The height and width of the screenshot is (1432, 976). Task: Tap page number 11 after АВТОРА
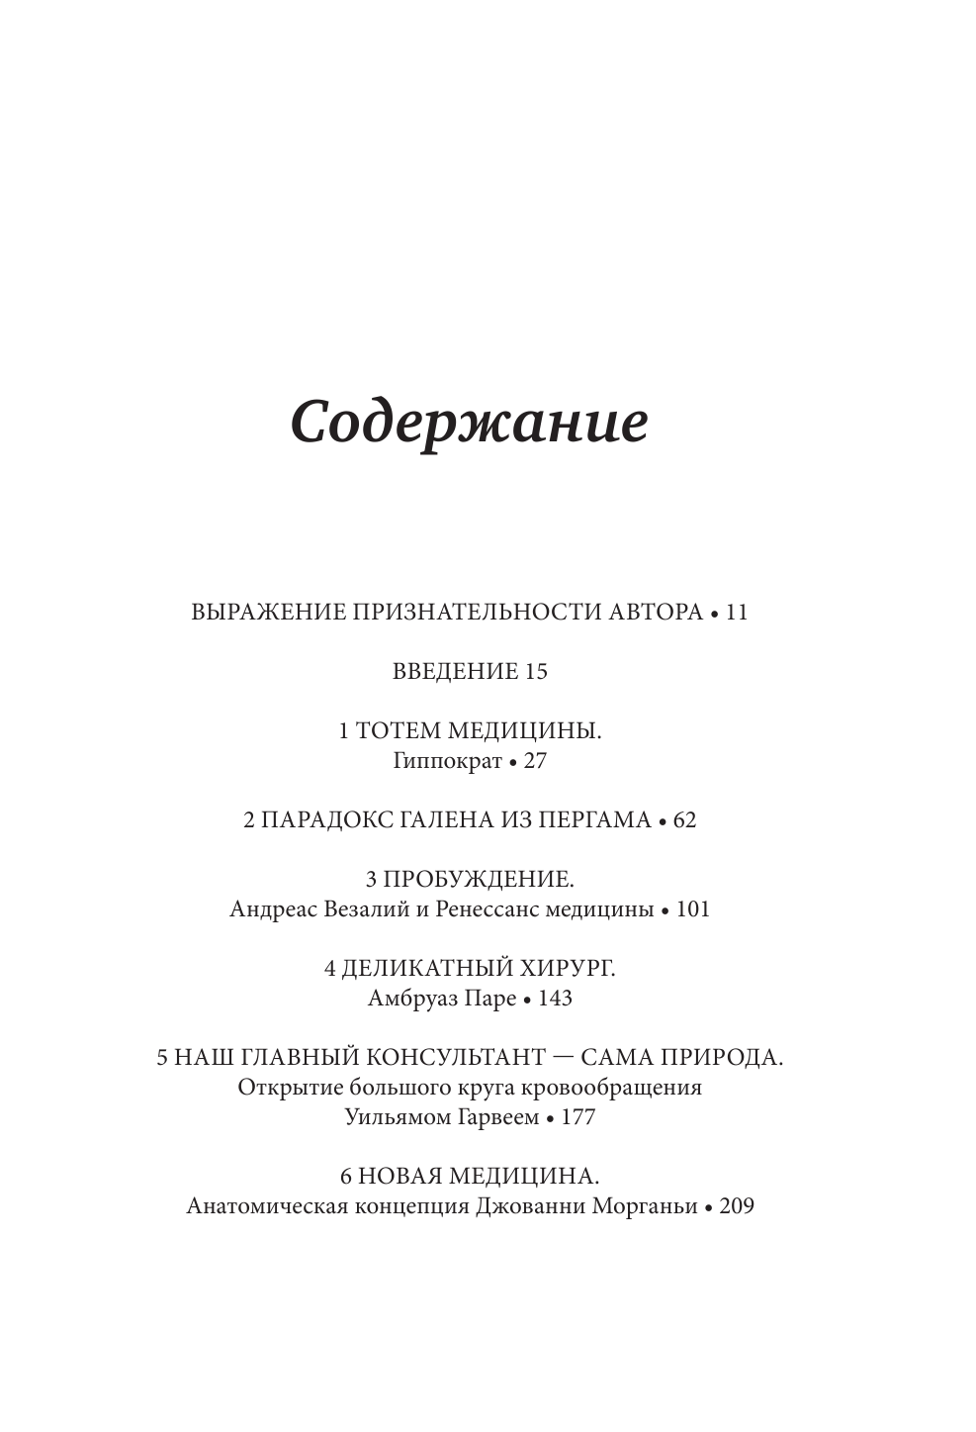[737, 612]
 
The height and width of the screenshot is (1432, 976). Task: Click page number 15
[536, 671]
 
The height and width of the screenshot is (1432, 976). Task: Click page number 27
[535, 761]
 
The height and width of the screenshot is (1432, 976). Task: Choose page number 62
[684, 819]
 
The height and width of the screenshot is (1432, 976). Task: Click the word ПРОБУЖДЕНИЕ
[479, 879]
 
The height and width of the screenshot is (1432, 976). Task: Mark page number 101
[693, 908]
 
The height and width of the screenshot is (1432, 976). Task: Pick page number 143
[556, 998]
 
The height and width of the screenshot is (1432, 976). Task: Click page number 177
[578, 1117]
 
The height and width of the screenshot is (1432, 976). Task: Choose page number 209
[737, 1206]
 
